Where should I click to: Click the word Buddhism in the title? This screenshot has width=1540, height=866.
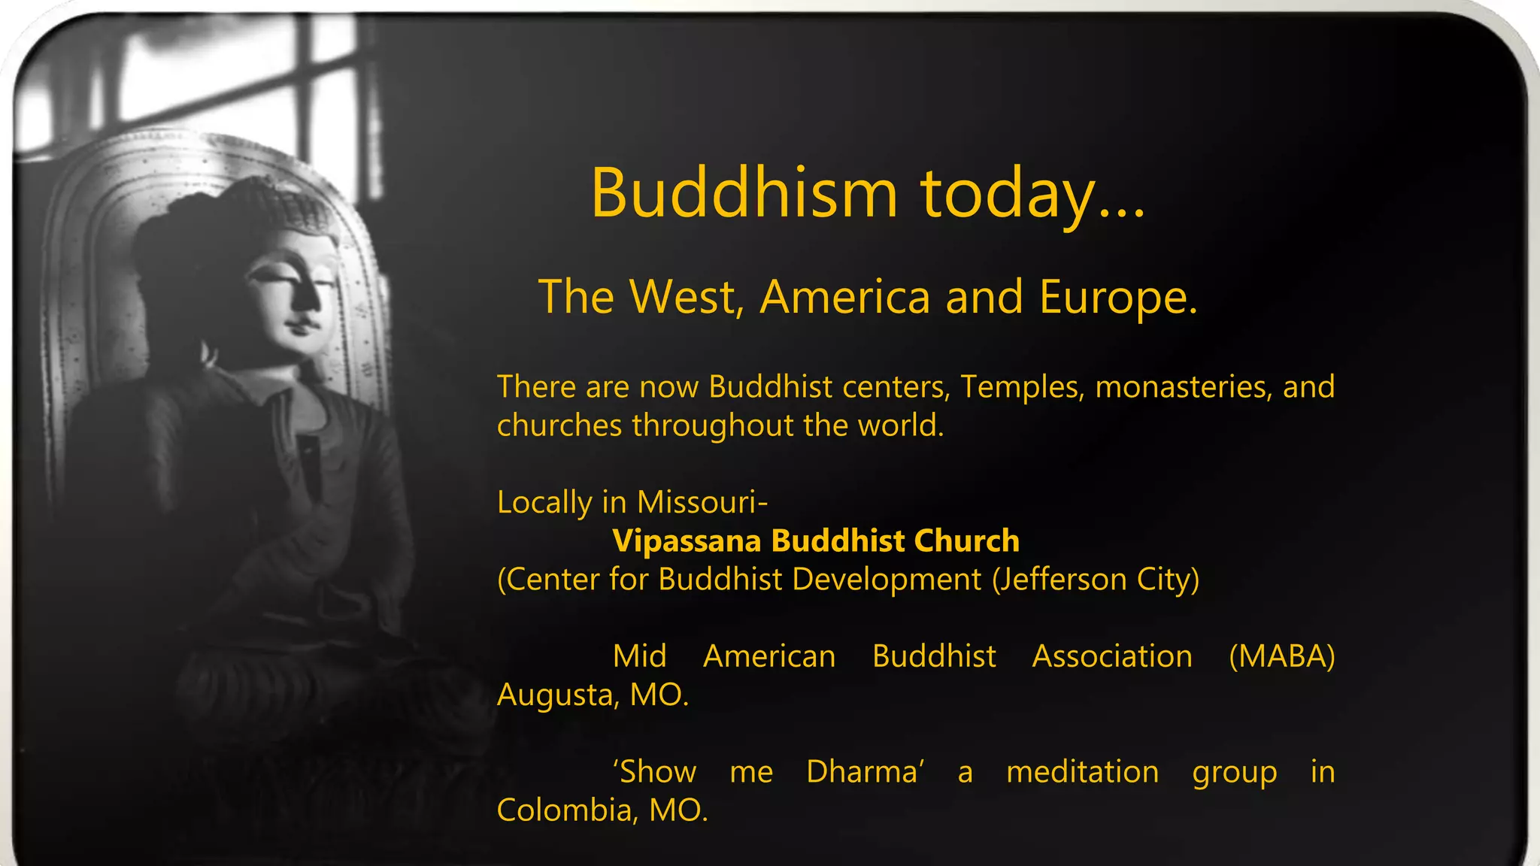(x=744, y=193)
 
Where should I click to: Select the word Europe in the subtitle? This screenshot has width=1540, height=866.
(x=1118, y=297)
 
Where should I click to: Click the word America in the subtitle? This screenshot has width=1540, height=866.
(x=845, y=296)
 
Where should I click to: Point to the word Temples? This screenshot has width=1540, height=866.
(x=1022, y=387)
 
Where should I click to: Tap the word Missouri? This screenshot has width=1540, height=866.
(x=702, y=502)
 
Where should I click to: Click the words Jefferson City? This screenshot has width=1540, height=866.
(x=1095, y=580)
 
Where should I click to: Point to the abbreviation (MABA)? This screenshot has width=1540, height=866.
(x=1281, y=656)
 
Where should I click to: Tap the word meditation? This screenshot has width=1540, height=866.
(x=1082, y=772)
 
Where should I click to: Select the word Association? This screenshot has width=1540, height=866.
(x=1111, y=656)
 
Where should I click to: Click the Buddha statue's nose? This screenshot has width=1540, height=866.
(x=307, y=297)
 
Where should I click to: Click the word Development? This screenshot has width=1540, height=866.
(x=887, y=580)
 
